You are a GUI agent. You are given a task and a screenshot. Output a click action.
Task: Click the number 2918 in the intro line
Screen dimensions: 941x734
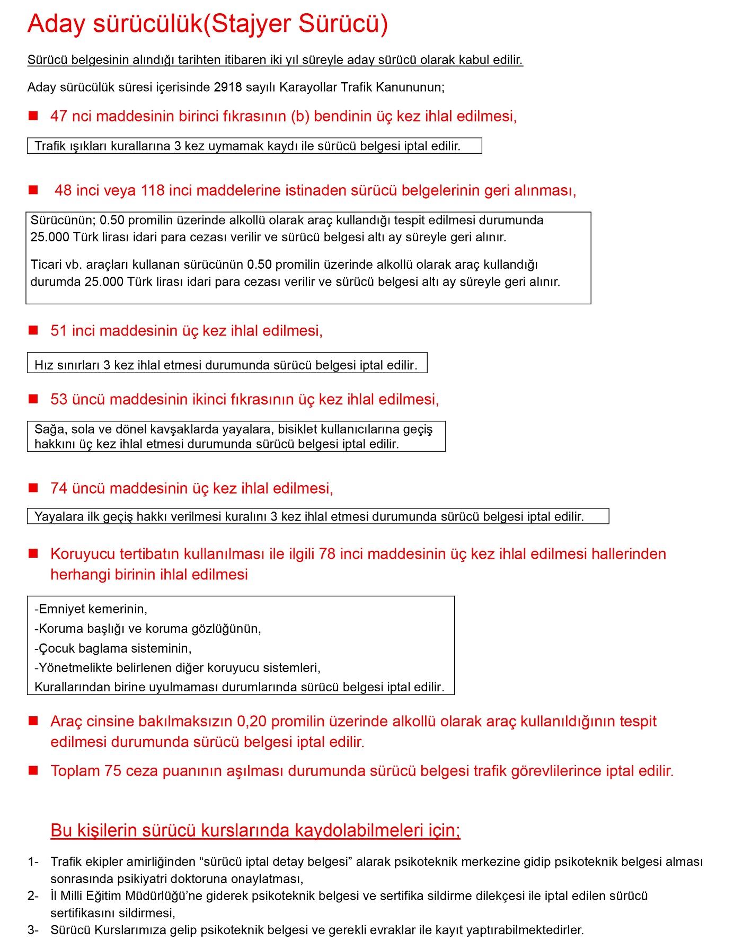pos(228,87)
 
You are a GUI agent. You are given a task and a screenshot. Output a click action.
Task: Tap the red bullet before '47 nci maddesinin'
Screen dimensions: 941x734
pos(33,116)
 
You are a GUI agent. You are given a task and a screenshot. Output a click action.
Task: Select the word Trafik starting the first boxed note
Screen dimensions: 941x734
pos(50,146)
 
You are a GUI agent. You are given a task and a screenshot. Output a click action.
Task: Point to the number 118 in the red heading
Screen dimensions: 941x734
pos(153,190)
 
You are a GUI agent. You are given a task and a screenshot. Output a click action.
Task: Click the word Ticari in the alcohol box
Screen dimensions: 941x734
pos(47,265)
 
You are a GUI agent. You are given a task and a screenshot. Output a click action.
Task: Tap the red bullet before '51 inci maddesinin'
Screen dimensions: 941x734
pos(33,330)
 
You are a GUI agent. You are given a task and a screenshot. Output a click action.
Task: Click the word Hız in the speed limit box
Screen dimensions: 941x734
pos(43,365)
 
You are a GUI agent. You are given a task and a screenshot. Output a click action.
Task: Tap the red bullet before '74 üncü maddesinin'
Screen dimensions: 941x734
pos(33,488)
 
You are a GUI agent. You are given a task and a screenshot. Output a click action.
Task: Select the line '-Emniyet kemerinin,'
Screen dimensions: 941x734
pos(91,609)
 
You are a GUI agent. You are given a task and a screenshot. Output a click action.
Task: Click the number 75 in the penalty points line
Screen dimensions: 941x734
pos(113,771)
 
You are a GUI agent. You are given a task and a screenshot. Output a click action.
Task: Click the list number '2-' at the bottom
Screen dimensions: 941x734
pos(33,896)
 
